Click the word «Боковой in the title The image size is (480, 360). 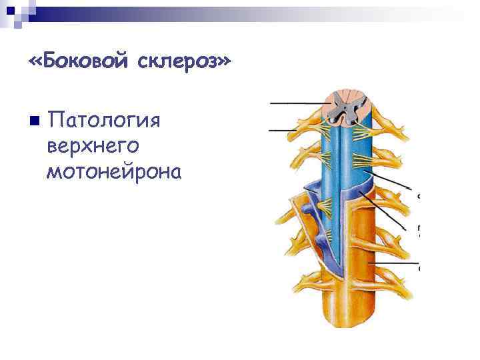[x=79, y=61]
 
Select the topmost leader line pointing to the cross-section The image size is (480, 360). [x=297, y=103]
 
